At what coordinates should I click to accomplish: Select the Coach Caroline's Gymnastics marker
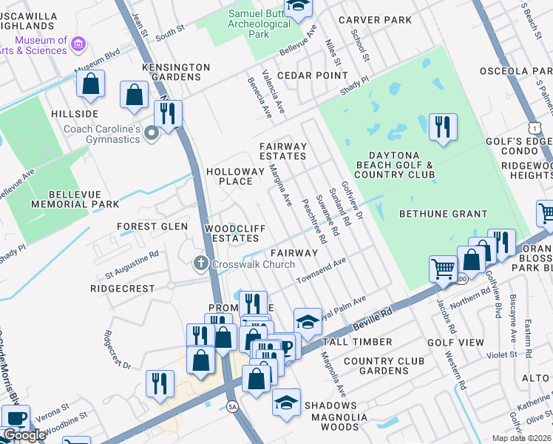pos(152,134)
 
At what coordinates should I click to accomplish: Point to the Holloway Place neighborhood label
pos(234,176)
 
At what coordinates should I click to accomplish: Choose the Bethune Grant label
pos(443,214)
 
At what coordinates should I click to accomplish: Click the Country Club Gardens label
pos(384,366)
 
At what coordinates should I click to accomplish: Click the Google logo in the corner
pos(24,434)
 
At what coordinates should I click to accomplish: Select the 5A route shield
pos(233,406)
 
